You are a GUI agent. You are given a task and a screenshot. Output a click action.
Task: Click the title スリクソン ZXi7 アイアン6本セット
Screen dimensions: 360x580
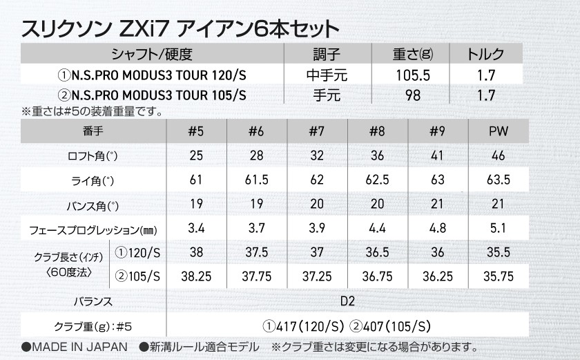tap(180, 29)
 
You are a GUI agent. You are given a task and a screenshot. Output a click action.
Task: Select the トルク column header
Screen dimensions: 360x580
tap(486, 54)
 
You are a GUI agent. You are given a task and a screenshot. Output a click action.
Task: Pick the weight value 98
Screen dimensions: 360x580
tap(414, 95)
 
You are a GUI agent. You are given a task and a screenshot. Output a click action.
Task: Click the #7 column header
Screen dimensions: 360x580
tap(318, 131)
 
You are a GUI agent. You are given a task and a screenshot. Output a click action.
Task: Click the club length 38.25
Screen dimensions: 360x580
tap(196, 276)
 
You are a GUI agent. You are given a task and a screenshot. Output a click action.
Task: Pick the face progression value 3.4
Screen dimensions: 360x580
tap(196, 229)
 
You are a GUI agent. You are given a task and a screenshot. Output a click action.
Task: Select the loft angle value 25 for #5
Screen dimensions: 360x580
tap(196, 156)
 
